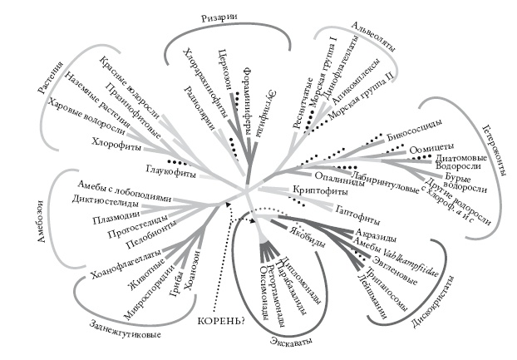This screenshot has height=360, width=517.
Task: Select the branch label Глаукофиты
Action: pyautogui.click(x=170, y=173)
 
